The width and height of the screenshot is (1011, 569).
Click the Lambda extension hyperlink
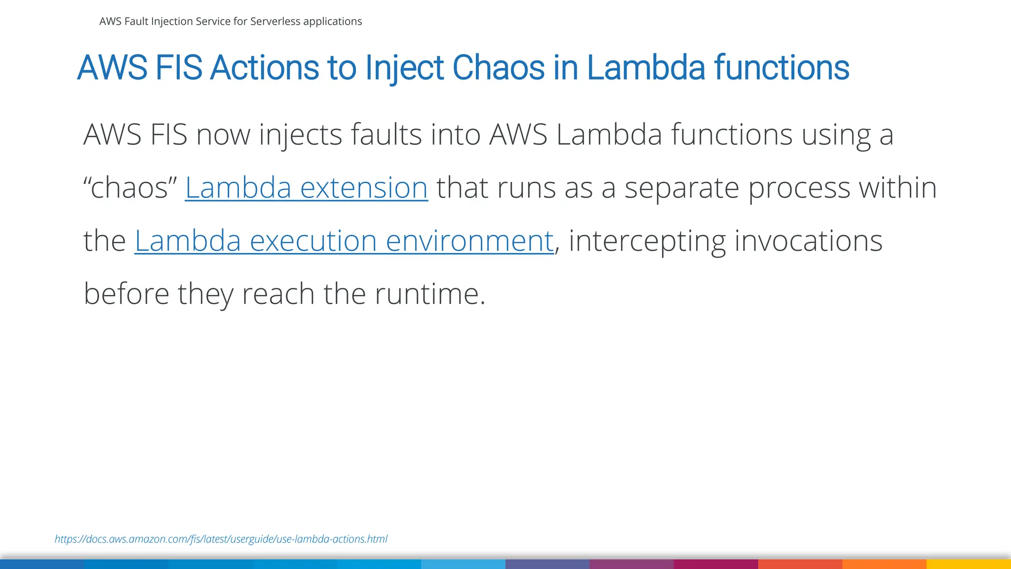tap(306, 188)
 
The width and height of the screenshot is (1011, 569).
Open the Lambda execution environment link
tap(344, 242)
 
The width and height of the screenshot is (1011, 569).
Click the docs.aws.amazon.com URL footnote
tap(221, 539)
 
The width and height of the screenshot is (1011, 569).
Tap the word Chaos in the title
tap(498, 68)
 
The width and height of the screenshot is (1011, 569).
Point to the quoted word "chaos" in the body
tap(130, 188)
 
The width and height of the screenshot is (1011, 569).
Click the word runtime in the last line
tap(429, 294)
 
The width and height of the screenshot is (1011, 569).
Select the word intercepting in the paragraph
tap(647, 242)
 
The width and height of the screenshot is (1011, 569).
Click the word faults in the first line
tap(386, 135)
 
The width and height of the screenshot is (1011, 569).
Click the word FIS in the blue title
tap(178, 68)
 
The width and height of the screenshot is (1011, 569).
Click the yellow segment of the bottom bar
tap(969, 564)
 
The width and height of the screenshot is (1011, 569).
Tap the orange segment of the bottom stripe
tap(884, 564)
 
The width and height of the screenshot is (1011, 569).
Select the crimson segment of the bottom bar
tap(716, 564)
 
